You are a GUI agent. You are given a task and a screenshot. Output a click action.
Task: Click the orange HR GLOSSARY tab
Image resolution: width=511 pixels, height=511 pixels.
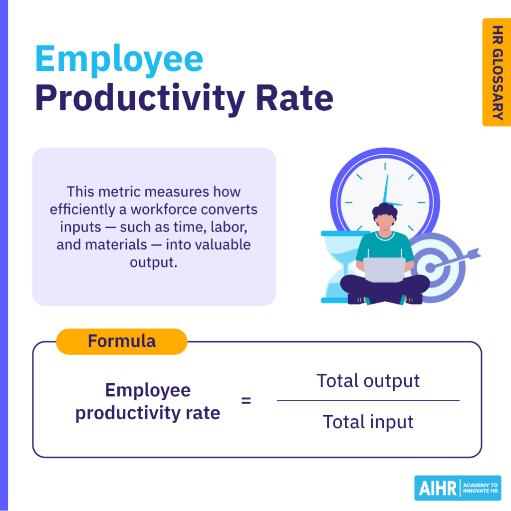tap(496, 72)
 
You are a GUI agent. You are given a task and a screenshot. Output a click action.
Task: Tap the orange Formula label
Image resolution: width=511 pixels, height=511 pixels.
tap(121, 341)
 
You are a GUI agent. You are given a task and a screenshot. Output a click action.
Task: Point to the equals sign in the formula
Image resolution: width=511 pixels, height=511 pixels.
tap(246, 400)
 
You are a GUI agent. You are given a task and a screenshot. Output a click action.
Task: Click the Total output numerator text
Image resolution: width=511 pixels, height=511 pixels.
tap(368, 381)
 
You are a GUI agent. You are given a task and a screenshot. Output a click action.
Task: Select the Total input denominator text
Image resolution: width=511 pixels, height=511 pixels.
tap(368, 422)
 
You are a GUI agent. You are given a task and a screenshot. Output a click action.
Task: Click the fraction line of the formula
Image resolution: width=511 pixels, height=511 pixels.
tap(368, 401)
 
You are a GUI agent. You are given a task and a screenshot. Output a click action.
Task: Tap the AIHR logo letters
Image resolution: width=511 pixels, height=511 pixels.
tap(436, 488)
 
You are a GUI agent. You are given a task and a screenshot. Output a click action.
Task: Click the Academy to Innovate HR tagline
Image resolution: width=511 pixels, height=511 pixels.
tap(480, 488)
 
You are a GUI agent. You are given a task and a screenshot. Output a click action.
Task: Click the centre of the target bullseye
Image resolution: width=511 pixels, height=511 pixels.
tap(431, 267)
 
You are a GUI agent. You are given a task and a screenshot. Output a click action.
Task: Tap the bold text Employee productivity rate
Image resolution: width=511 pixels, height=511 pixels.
tap(148, 402)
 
